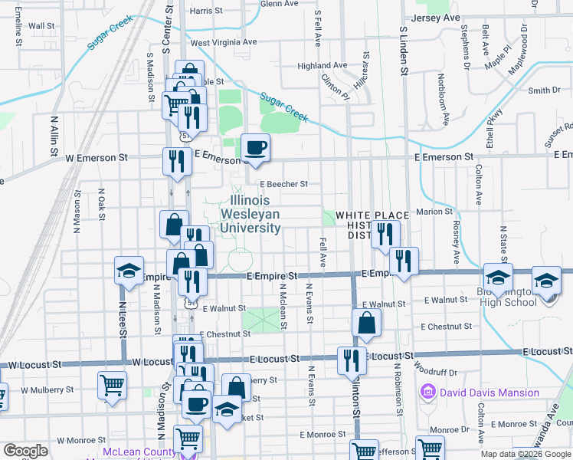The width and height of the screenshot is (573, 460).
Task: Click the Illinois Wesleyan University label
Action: [x=250, y=214]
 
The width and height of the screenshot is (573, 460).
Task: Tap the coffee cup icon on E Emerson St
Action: [x=255, y=147]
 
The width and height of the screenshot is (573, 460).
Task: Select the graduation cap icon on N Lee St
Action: [x=129, y=270]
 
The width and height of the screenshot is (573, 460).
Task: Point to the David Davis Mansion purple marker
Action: [x=427, y=393]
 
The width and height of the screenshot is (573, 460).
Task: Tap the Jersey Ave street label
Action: [x=435, y=17]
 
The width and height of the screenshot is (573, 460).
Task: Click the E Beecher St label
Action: [x=283, y=184]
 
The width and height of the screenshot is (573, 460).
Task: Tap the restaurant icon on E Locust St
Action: [x=352, y=360]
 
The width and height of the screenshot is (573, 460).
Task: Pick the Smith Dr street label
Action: [x=544, y=90]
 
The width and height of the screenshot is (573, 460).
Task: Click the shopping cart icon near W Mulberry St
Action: [x=112, y=386]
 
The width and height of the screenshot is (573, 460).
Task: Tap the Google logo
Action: [x=25, y=451]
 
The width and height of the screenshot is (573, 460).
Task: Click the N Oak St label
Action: [x=102, y=205]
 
